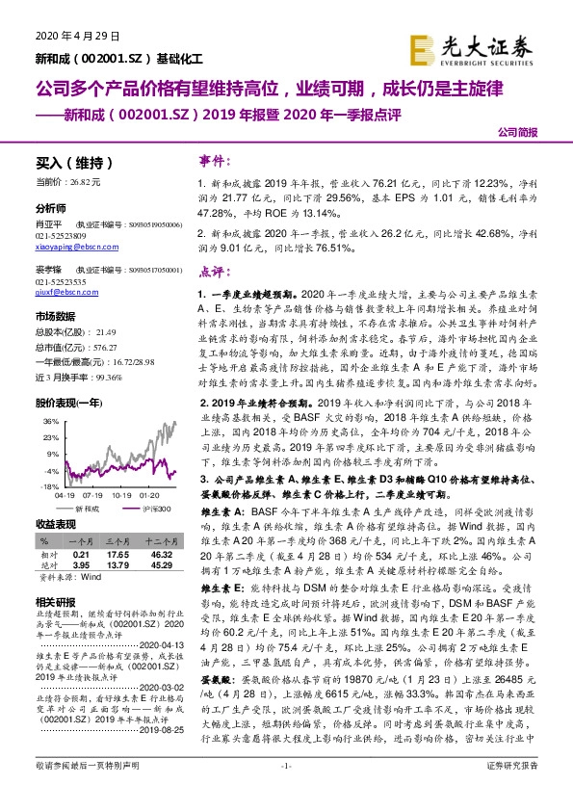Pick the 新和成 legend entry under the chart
[88, 508]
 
